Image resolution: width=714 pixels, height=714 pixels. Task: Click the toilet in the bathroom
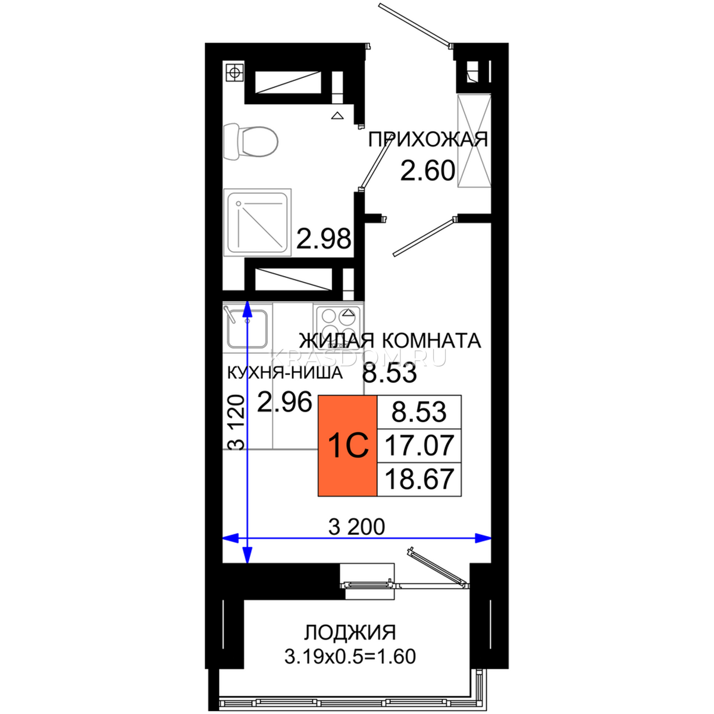point(250,142)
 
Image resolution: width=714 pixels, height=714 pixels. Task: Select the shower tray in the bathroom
point(257,223)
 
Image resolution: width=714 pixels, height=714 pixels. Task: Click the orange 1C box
point(347,446)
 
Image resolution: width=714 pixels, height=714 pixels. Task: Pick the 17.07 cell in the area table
point(419,446)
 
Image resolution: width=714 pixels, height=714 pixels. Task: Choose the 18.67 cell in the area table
point(419,479)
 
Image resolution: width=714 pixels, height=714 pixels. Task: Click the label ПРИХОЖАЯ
point(428,140)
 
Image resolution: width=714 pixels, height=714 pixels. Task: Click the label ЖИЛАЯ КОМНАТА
point(390,340)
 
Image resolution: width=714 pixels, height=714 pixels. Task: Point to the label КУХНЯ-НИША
point(284,374)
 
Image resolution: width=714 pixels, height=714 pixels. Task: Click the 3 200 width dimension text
point(357,527)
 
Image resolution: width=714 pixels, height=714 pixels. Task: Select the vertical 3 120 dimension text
point(236,423)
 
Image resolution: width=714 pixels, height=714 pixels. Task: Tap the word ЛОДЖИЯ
point(350,632)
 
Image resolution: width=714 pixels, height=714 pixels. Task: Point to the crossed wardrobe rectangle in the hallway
point(474,141)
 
